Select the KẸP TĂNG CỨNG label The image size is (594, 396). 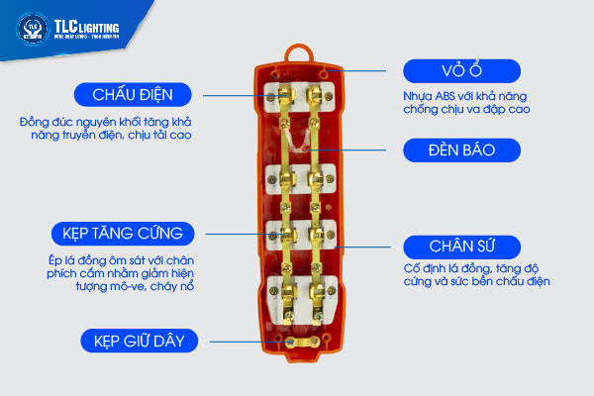(x=123, y=234)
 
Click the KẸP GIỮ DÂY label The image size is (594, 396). (x=140, y=342)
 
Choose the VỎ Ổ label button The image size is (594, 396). (x=461, y=72)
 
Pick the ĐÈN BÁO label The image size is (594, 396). (x=461, y=150)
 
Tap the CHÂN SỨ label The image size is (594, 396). (x=461, y=247)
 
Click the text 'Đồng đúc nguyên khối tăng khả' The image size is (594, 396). (x=103, y=121)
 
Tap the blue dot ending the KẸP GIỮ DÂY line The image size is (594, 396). (x=287, y=342)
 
